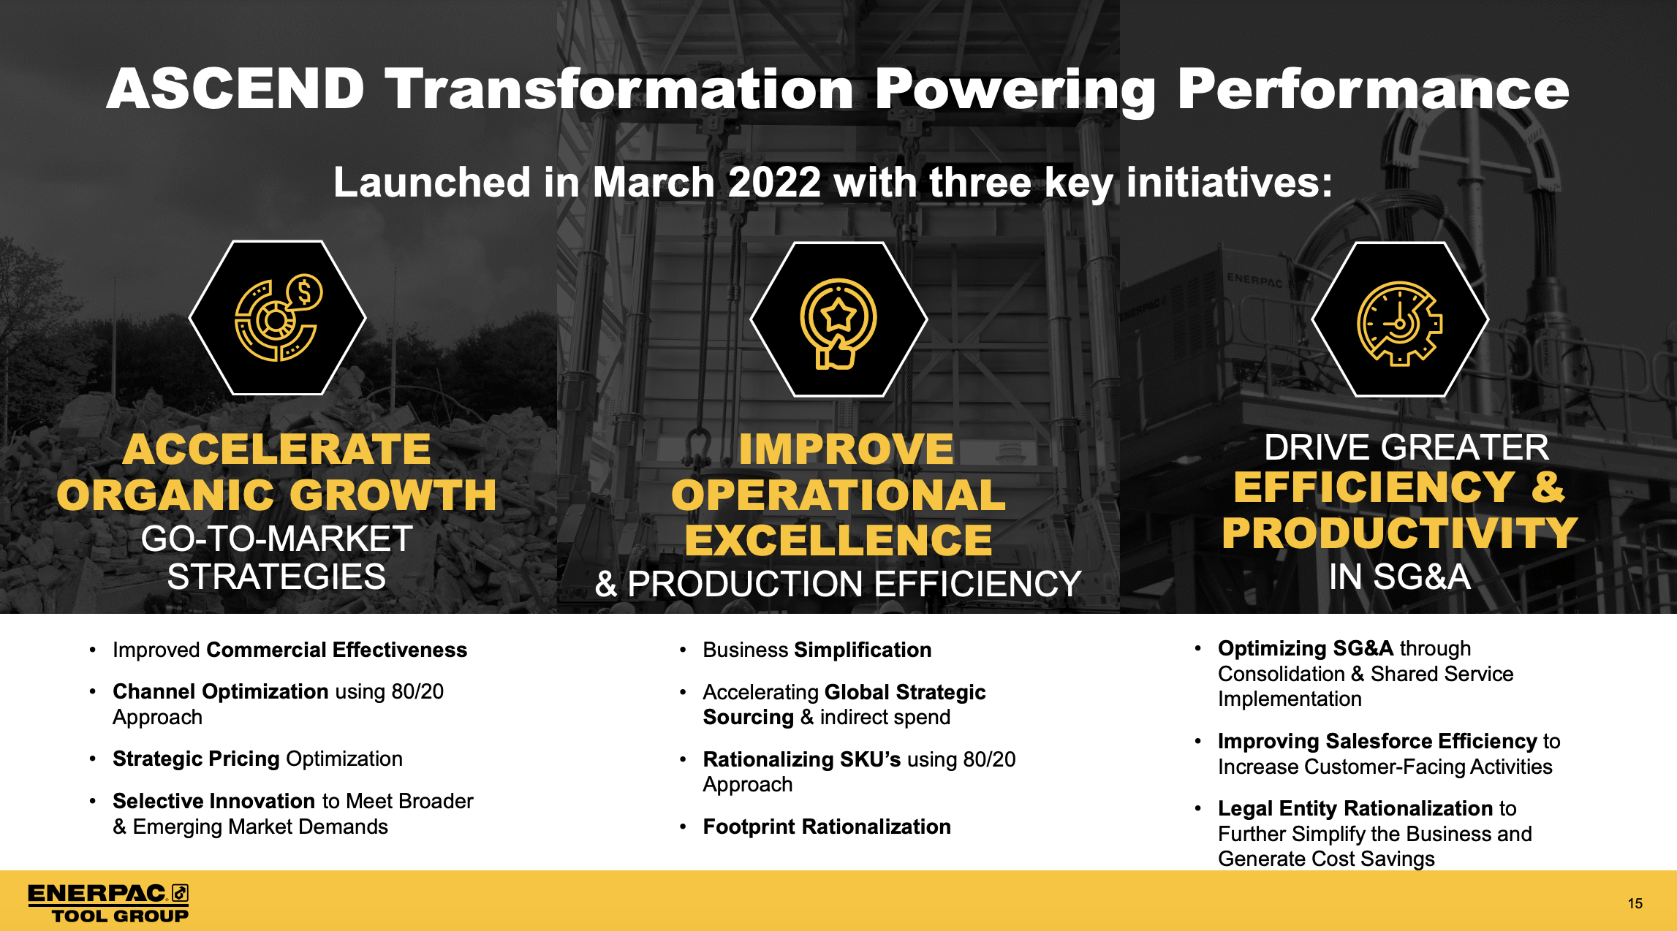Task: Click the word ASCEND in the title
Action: (235, 89)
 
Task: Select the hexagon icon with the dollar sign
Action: (278, 318)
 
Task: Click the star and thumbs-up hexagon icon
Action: (838, 319)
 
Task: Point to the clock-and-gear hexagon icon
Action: (1400, 319)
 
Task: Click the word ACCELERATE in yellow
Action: (276, 449)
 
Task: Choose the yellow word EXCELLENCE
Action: (838, 540)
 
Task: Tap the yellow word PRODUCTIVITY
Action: (1400, 533)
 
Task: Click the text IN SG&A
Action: (1400, 577)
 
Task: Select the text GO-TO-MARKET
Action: (276, 539)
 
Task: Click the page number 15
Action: (1635, 903)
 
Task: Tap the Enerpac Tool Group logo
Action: (108, 903)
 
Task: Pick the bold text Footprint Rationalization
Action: (827, 826)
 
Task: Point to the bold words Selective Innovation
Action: (215, 801)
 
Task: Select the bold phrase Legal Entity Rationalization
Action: (1356, 808)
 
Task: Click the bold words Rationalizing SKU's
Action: (801, 759)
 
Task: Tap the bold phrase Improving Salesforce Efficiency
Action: (1377, 741)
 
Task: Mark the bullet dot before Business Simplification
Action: (683, 650)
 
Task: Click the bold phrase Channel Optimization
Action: (220, 691)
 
